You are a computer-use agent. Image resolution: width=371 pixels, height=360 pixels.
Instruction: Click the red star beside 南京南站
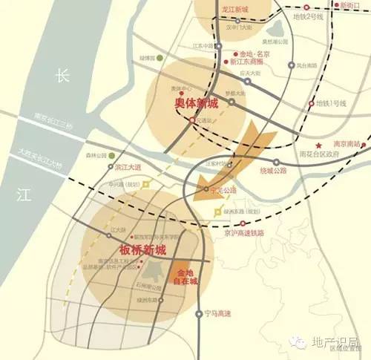click(318, 144)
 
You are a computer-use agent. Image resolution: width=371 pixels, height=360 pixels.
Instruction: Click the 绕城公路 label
click(273, 170)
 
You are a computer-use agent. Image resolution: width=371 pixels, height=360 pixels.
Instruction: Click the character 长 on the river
click(63, 76)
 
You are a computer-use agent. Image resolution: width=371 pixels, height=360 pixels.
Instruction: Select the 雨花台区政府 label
click(317, 154)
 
